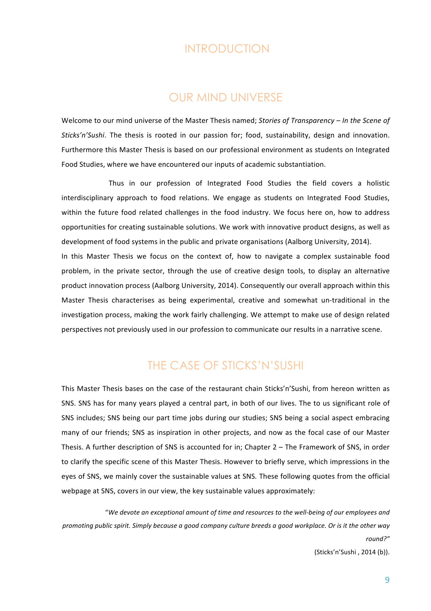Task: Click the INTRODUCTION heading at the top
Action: [227, 49]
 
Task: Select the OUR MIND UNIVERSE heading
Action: [226, 97]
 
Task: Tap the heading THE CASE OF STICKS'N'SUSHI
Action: [225, 366]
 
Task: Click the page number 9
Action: [387, 580]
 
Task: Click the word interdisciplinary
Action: [87, 198]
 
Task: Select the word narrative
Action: [348, 330]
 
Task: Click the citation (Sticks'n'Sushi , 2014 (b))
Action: [352, 552]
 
